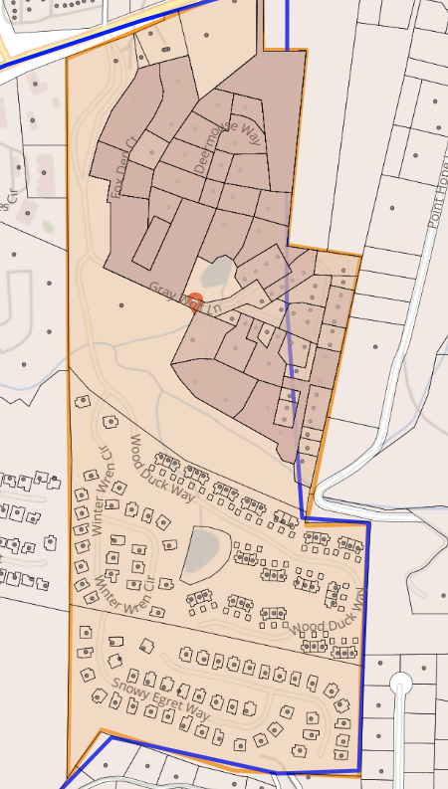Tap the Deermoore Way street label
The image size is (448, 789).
click(227, 148)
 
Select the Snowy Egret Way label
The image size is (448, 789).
click(160, 699)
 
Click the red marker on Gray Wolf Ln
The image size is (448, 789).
click(196, 300)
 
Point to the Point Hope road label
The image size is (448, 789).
click(436, 195)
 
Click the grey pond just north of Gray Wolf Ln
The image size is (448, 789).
click(217, 271)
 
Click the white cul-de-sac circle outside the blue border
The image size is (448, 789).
click(401, 684)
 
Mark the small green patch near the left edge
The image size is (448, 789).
click(48, 226)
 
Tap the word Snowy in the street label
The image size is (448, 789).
click(127, 688)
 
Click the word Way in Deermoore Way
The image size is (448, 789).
click(250, 134)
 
